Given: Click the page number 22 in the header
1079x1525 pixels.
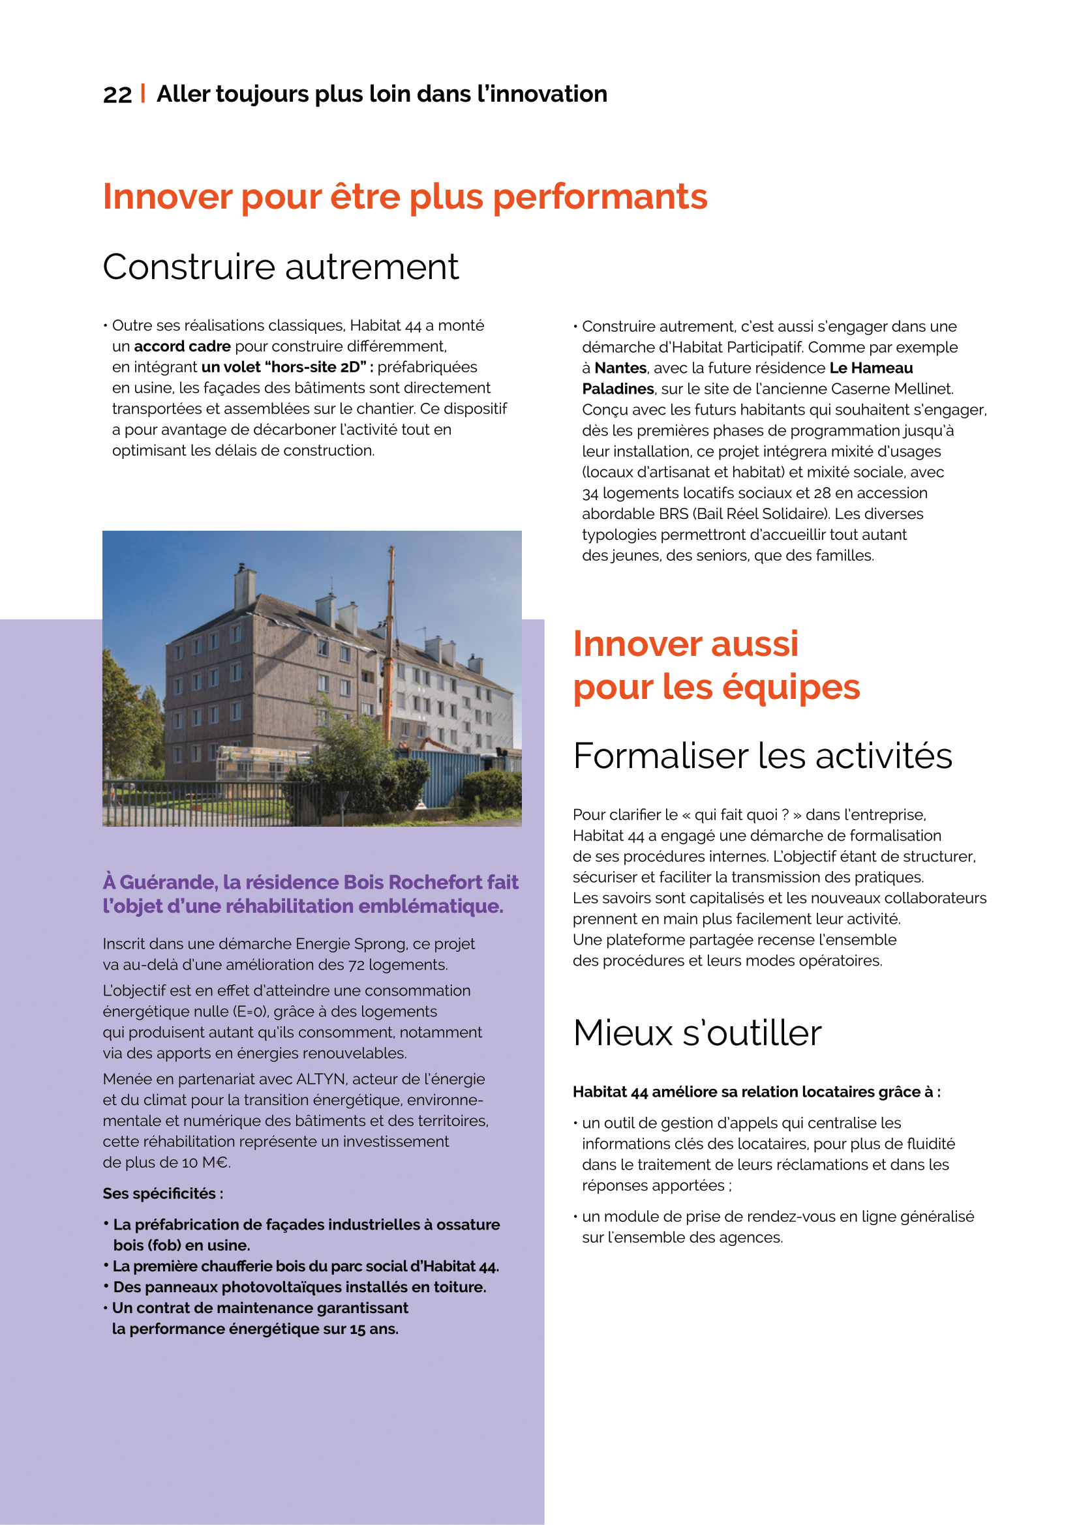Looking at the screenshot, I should (x=117, y=95).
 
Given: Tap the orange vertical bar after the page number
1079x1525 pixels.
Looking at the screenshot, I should (x=144, y=93).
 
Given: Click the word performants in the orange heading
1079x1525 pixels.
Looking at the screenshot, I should (x=600, y=198).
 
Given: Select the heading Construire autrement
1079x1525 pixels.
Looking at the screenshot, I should (x=281, y=267).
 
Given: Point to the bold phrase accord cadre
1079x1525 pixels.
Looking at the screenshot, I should (x=182, y=346).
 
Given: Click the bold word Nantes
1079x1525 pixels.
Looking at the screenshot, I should (x=620, y=368).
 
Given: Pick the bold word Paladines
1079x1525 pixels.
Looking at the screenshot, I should (x=618, y=389).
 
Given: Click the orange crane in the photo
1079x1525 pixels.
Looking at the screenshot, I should (x=391, y=638).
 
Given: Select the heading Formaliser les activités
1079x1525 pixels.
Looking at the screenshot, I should (x=762, y=756).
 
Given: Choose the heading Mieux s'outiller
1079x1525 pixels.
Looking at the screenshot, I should (x=697, y=1033).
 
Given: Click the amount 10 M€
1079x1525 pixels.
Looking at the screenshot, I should (x=207, y=1162).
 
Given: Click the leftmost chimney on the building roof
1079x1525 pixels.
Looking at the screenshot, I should (x=244, y=584).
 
